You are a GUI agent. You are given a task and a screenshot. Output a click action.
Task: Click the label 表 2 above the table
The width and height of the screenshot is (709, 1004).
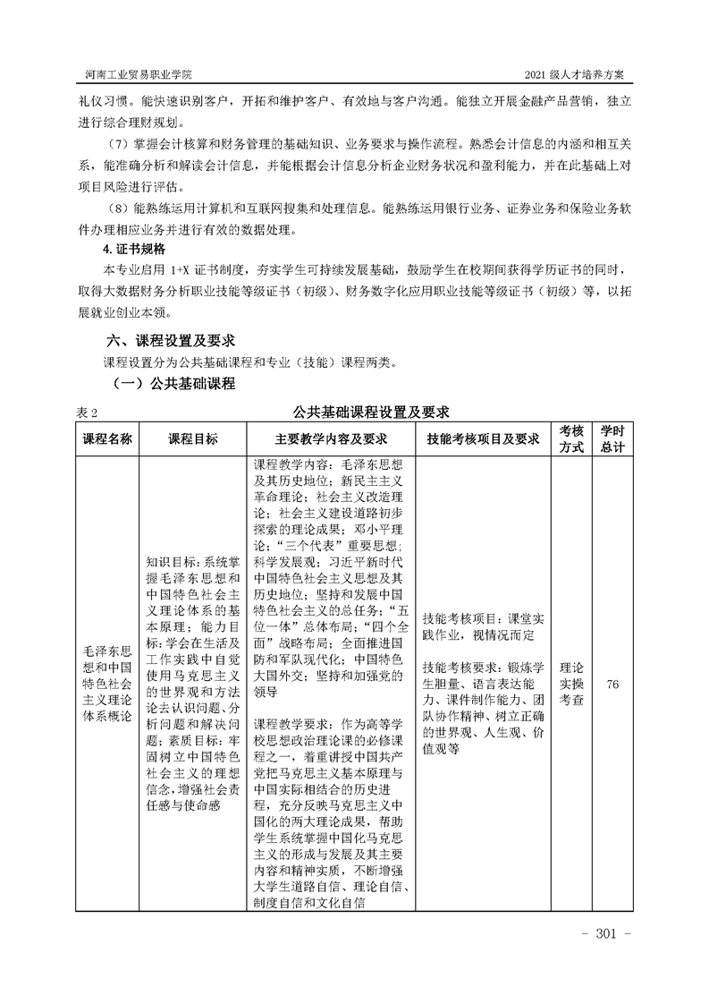pos(87,413)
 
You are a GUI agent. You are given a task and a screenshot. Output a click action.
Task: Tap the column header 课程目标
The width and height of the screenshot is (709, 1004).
pos(192,439)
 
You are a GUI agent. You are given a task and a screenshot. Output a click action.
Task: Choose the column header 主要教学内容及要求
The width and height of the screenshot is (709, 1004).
pos(330,439)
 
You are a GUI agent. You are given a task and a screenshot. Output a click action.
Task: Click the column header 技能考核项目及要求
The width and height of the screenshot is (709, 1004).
pos(483,439)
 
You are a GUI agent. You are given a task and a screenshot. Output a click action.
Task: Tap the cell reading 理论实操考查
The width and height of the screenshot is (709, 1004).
pos(571,685)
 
